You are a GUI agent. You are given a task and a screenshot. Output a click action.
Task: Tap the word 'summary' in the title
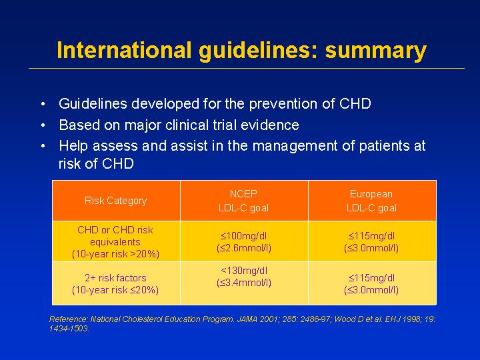(x=375, y=51)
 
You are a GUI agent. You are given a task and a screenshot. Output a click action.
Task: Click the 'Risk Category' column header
(x=116, y=201)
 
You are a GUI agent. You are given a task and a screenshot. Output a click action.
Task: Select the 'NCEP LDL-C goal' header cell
(x=244, y=201)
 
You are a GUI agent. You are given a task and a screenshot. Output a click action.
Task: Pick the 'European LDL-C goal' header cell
(x=371, y=201)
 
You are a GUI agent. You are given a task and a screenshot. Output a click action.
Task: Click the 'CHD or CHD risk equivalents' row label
(x=115, y=242)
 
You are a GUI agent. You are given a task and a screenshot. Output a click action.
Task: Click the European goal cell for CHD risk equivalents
(x=371, y=242)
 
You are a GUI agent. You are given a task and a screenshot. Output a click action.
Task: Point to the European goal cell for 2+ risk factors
(x=371, y=284)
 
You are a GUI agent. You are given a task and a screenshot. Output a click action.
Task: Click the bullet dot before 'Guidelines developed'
(x=43, y=104)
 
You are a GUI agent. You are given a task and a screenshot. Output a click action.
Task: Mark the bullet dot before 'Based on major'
(x=43, y=125)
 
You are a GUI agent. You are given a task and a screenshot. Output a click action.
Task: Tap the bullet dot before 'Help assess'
(x=43, y=146)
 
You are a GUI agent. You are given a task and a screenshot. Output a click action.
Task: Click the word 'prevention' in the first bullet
(x=283, y=105)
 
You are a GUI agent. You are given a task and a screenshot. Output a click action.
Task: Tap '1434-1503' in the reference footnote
(x=69, y=329)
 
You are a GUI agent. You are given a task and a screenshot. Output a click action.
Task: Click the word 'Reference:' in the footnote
(x=69, y=319)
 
